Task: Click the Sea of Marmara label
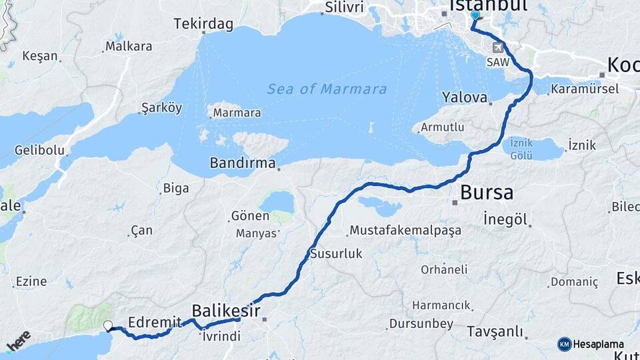point(327,89)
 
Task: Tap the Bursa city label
point(487,193)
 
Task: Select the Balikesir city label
point(225,310)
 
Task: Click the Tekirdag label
point(203,25)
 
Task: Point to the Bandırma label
point(243,163)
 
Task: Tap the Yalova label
point(465,97)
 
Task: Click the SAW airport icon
point(498,48)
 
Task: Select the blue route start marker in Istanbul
point(475,15)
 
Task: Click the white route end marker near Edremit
point(108,326)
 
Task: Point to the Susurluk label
point(335,253)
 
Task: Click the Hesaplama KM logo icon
point(564,344)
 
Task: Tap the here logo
point(19,341)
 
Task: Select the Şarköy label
point(161,108)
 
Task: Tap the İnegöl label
point(505,219)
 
